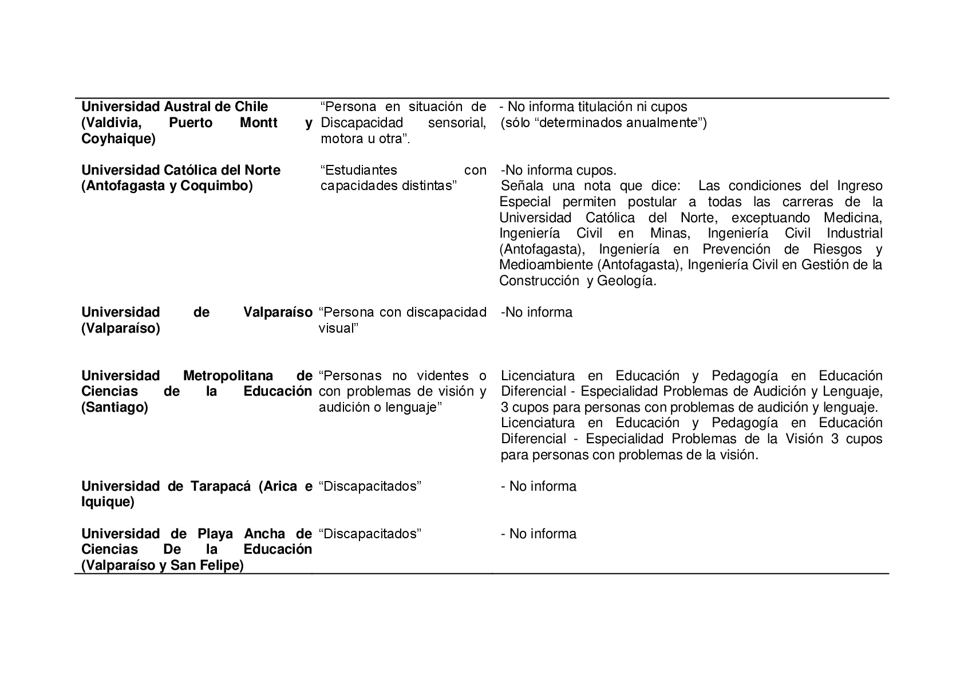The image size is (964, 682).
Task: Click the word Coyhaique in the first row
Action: (x=117, y=139)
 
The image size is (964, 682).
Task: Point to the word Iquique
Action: (x=107, y=503)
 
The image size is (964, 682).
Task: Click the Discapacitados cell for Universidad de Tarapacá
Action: (x=370, y=487)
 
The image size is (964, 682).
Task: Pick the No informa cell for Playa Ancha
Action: (x=539, y=534)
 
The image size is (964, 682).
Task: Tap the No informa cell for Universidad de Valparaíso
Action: (x=536, y=313)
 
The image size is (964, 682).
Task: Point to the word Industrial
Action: (x=854, y=234)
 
